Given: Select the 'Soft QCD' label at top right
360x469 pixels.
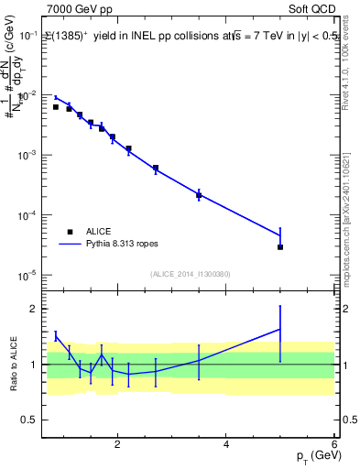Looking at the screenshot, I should click(x=311, y=7).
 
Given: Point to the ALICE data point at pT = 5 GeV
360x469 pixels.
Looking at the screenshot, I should click(x=280, y=247).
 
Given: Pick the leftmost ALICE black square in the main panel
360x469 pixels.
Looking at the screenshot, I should click(x=56, y=107).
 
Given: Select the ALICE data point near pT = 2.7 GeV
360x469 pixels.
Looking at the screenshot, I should click(x=156, y=168).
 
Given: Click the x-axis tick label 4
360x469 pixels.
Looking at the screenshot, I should click(x=226, y=445).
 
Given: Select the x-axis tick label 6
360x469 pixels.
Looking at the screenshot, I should click(x=334, y=445).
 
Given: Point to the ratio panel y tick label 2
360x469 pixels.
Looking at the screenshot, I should click(x=34, y=309).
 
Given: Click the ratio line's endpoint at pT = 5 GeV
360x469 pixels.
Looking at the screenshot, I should click(x=280, y=329).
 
